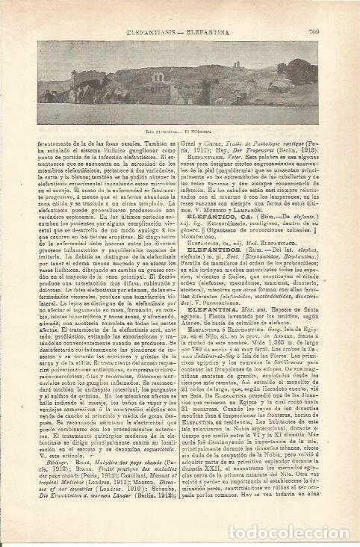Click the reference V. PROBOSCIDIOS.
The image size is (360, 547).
point(231,301)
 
